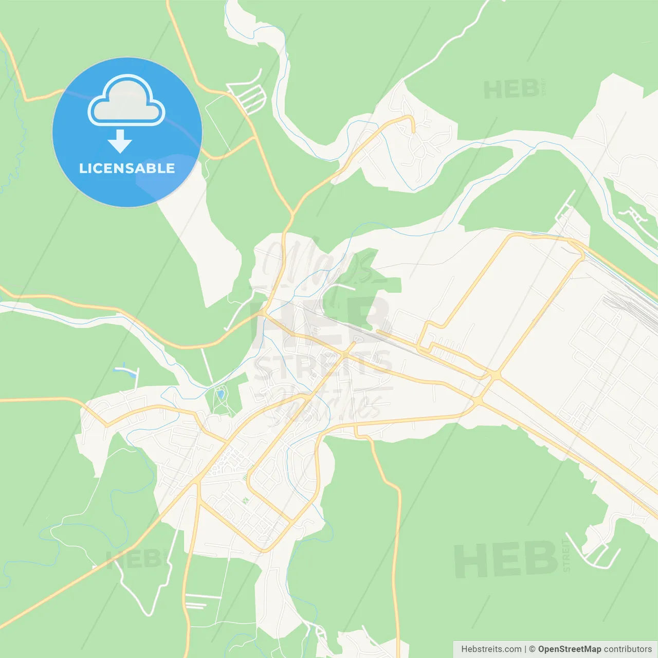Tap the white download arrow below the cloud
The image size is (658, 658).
pos(120,141)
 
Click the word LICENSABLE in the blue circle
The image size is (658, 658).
pos(127,168)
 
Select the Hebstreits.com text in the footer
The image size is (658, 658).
pos(491,649)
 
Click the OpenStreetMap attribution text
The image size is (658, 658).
pos(569,649)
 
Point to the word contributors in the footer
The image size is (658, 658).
pos(628,649)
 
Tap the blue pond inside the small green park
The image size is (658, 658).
pos(221,394)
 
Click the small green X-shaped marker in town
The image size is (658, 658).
pos(245,500)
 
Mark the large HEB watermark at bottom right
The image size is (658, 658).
pos(506,560)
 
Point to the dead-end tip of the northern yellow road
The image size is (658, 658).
pos(413,132)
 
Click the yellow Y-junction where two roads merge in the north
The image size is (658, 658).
pos(292,213)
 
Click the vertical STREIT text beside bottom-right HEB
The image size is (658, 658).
pos(566,555)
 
